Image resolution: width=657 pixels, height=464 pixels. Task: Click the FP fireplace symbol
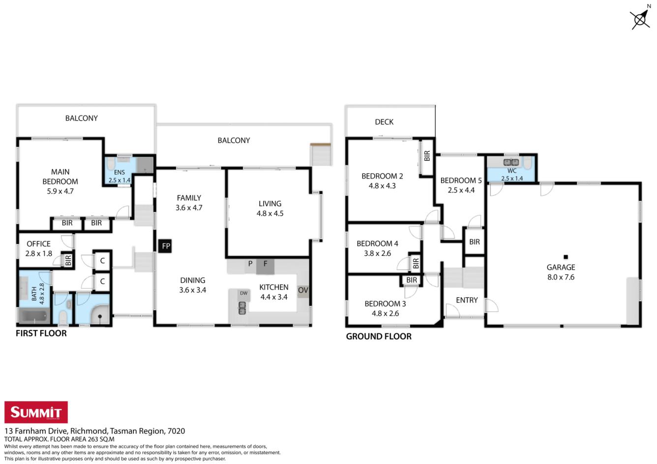tap(165, 246)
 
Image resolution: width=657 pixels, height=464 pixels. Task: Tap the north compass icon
tap(640, 18)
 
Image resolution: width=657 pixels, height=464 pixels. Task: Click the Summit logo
tap(36, 412)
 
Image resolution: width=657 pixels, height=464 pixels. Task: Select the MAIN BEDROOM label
tap(60, 177)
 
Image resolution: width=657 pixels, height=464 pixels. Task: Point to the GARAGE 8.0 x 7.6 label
tap(561, 272)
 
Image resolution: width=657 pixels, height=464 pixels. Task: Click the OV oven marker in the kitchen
tap(303, 290)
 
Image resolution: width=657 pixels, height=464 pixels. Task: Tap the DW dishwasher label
tap(244, 293)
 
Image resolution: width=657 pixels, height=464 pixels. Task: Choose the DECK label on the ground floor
tap(384, 122)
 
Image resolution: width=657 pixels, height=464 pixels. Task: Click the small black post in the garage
tap(566, 257)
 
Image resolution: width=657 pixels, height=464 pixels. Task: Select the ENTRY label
tap(467, 300)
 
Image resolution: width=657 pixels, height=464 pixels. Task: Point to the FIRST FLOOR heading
tap(41, 333)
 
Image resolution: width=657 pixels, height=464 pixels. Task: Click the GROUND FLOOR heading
tap(379, 336)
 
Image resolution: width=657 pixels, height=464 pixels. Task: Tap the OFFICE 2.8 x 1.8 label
tap(39, 249)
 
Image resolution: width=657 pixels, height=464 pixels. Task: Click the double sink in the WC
tap(511, 162)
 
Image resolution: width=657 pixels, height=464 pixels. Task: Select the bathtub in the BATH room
tap(33, 317)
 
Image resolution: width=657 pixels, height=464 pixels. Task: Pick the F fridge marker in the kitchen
tap(265, 266)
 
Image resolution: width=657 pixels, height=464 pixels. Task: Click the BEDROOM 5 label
tap(461, 181)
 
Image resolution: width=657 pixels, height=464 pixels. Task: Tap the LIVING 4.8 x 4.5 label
tap(270, 208)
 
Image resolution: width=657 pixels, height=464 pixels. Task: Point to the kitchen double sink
tap(242, 308)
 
